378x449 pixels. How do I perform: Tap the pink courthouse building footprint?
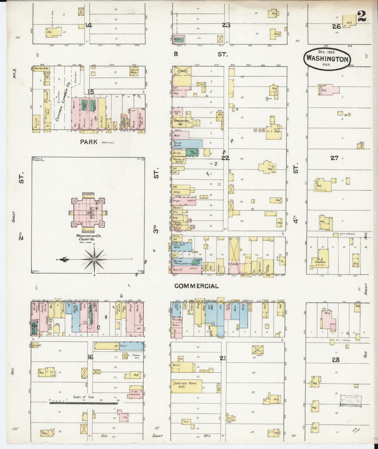pyautogui.click(x=88, y=212)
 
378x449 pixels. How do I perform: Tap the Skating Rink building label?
pyautogui.click(x=187, y=383)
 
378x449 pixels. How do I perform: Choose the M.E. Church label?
pyautogui.click(x=318, y=260)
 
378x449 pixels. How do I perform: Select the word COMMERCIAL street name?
pyautogui.click(x=197, y=286)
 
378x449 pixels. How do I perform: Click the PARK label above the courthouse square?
pyautogui.click(x=89, y=142)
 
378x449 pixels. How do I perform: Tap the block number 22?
pyautogui.click(x=225, y=158)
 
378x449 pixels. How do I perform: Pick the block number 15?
pyautogui.click(x=91, y=92)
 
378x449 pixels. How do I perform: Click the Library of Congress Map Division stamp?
pyautogui.click(x=351, y=401)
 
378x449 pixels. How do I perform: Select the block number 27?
pyautogui.click(x=334, y=158)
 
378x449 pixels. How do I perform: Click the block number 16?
pyautogui.click(x=90, y=357)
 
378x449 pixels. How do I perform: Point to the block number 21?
pyautogui.click(x=223, y=358)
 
